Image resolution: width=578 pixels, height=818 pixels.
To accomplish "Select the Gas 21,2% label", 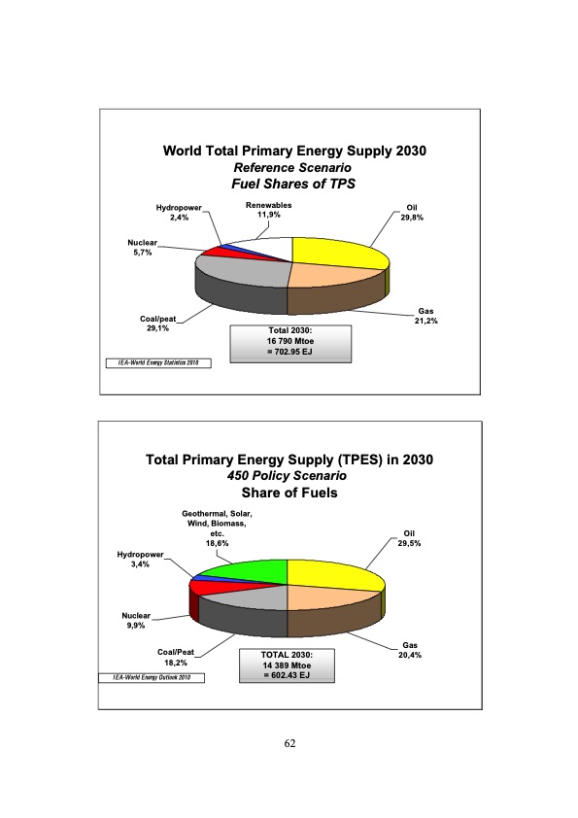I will coord(424,316).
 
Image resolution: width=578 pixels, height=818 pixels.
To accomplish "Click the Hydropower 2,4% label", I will coord(179,213).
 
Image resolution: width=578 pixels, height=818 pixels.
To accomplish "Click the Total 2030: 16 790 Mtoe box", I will coord(288,344).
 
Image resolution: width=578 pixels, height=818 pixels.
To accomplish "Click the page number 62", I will coord(289,743).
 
